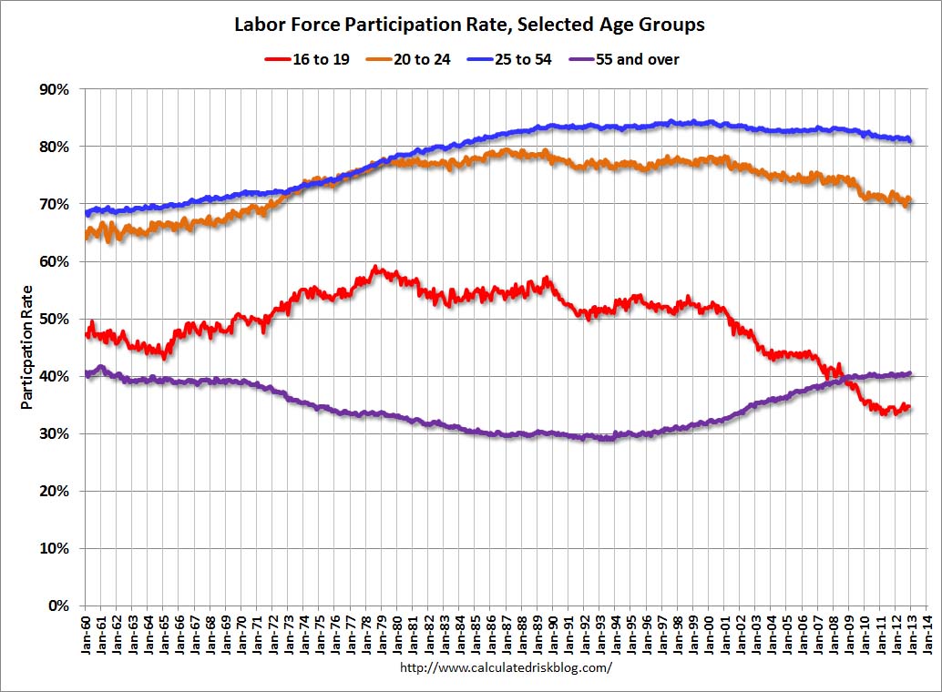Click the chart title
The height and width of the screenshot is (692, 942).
[469, 25]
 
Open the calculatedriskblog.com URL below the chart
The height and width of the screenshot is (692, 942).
[506, 667]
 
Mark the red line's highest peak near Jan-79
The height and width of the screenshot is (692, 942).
[374, 268]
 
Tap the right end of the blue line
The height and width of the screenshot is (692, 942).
[911, 140]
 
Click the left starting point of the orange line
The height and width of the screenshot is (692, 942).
[85, 237]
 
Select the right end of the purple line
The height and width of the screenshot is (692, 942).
[910, 373]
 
